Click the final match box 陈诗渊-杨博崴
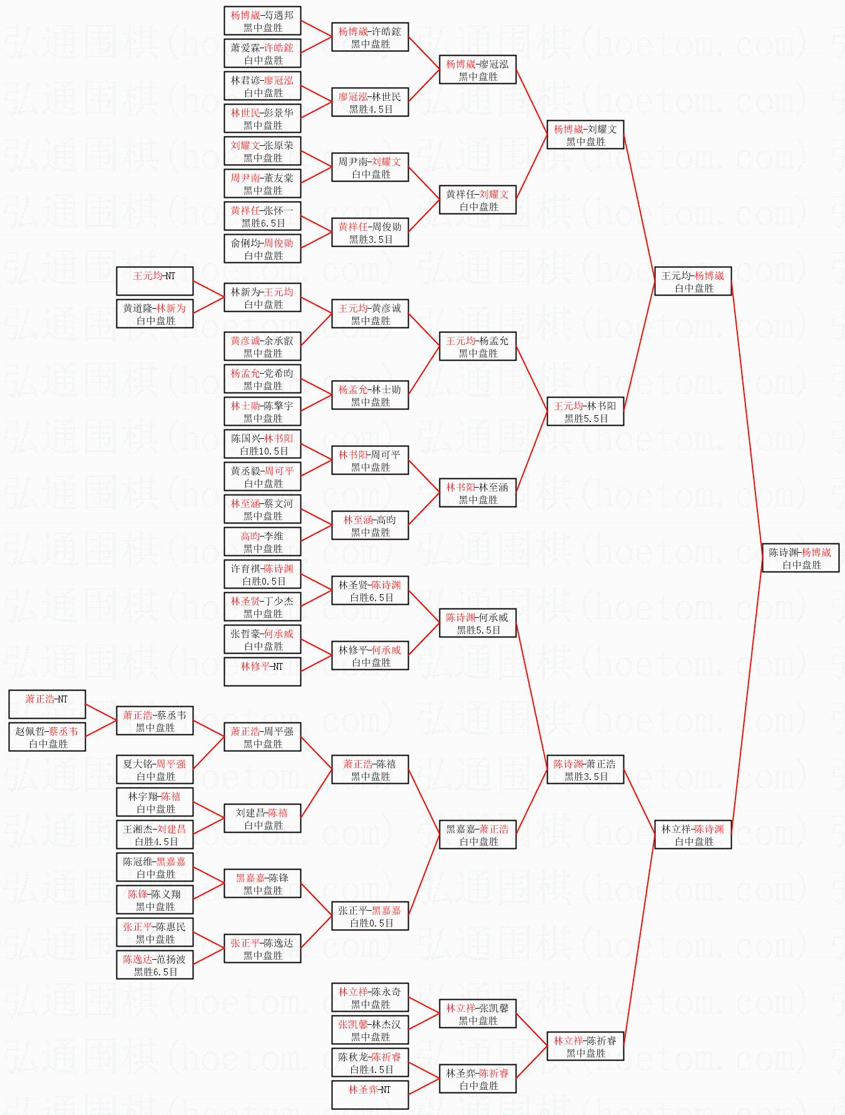tap(801, 558)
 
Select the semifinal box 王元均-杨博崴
tap(693, 282)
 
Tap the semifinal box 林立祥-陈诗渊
tap(693, 835)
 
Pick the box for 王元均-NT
tap(155, 282)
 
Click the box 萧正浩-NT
tap(47, 705)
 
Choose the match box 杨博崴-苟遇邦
tap(262, 21)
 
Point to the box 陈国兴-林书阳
tap(262, 444)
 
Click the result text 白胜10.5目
tap(264, 451)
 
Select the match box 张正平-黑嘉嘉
tap(370, 917)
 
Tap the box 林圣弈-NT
tap(370, 1096)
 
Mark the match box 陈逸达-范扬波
tap(155, 965)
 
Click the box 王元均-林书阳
tap(585, 412)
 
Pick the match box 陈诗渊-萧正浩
tap(585, 770)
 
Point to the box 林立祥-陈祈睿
tap(585, 1047)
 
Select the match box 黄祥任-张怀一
tap(262, 217)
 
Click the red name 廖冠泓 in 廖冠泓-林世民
tap(353, 97)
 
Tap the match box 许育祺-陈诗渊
tap(262, 575)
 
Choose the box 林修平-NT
tap(262, 672)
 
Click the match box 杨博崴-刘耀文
tap(585, 135)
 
